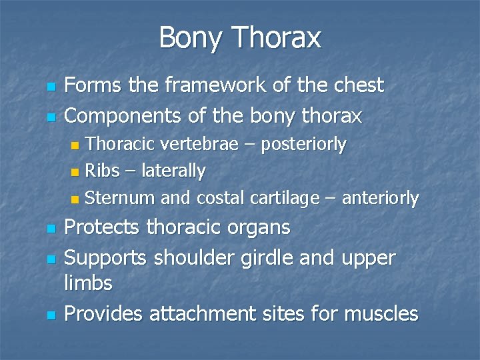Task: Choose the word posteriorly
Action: (303, 144)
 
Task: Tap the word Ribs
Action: (102, 171)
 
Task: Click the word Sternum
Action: (117, 198)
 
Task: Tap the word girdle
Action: (262, 257)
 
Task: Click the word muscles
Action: (379, 313)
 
